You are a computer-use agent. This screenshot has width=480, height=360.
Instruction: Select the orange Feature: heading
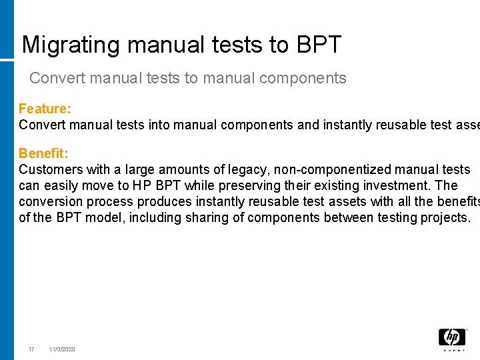45,109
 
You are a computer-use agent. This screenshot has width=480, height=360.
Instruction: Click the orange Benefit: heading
43,154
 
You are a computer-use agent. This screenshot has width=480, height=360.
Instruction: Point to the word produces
162,202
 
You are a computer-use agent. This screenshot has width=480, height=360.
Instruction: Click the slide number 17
31,349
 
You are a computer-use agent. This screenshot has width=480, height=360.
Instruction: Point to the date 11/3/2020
62,349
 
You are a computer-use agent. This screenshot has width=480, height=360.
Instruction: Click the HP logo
451,338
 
